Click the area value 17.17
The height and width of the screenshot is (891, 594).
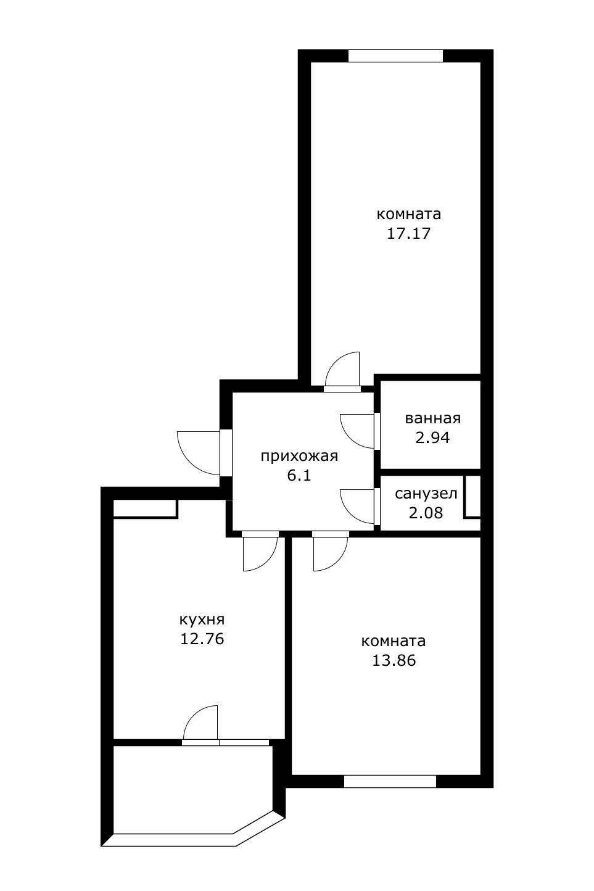[x=409, y=233]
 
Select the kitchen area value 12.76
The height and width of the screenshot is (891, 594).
[x=202, y=639]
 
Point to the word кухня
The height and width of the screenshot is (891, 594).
[x=202, y=620]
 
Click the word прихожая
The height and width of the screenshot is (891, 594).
[x=299, y=456]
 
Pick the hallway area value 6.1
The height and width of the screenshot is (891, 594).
[x=299, y=475]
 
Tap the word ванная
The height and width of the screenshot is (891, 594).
[x=433, y=418]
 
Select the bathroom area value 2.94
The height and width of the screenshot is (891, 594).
[x=432, y=437]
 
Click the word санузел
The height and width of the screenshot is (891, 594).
[x=426, y=494]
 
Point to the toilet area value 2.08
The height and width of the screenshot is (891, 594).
[x=426, y=513]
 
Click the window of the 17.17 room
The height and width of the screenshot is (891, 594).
[x=395, y=56]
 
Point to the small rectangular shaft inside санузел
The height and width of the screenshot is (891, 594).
[x=472, y=497]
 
